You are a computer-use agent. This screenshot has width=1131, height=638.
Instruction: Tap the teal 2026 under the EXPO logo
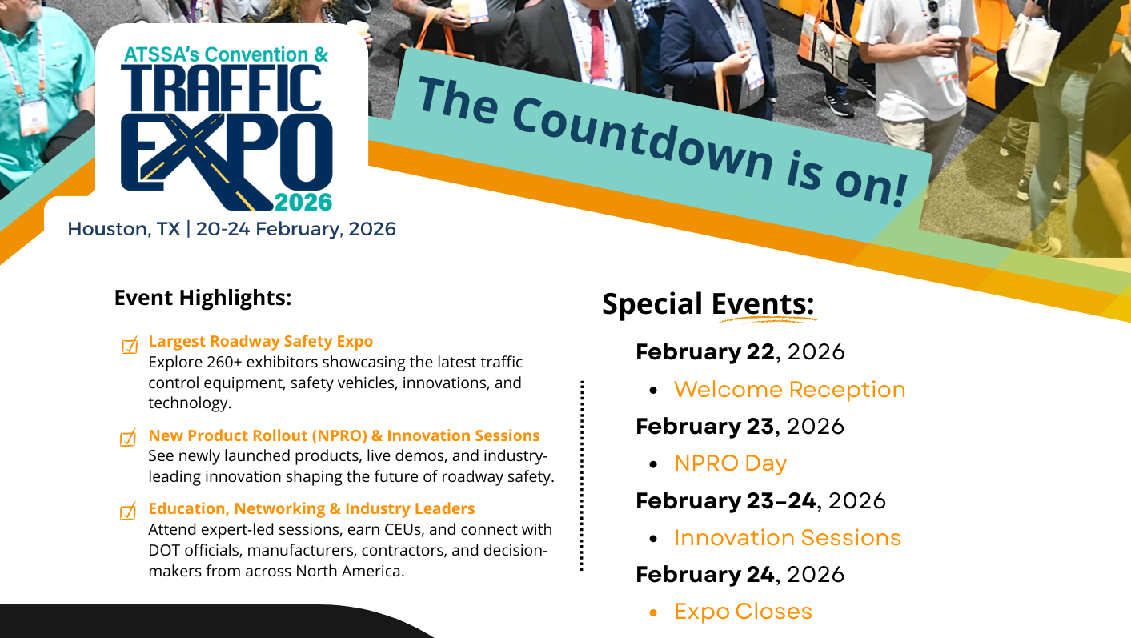pos(303,199)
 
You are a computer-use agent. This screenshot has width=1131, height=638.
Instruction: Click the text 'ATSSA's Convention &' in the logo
pos(227,55)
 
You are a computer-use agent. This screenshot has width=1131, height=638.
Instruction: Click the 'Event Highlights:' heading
pos(203,298)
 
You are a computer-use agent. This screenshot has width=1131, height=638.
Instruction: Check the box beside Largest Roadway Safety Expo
pos(129,345)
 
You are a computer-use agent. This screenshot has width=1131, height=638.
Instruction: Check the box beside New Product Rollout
pos(128,439)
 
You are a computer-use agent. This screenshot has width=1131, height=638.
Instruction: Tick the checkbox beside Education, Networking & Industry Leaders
pos(128,512)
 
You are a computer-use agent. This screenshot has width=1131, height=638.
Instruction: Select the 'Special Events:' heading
pos(708,304)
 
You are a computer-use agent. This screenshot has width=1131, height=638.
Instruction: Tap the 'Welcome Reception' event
pos(789,390)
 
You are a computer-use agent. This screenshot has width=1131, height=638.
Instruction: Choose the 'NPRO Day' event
pos(730,463)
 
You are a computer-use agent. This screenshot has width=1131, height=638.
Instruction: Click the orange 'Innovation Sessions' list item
pos(788,538)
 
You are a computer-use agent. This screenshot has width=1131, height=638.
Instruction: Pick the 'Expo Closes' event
pos(743,612)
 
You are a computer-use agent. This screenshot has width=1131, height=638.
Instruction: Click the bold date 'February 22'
pos(705,351)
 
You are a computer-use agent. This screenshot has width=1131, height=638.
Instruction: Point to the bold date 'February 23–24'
pos(726,501)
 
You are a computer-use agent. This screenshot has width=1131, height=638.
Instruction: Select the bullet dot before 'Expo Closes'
pos(654,612)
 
